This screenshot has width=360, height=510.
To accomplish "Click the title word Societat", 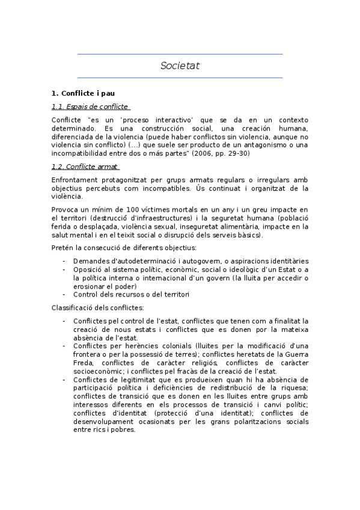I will (x=180, y=66).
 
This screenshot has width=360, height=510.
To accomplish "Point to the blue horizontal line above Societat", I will (x=180, y=54).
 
